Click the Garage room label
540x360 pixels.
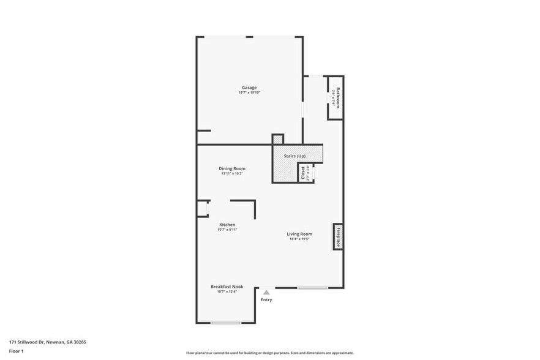click(249, 88)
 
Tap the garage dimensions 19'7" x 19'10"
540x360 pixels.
click(249, 92)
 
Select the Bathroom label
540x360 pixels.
click(337, 97)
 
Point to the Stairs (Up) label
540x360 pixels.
click(294, 156)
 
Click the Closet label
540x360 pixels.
click(302, 173)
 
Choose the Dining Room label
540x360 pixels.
click(232, 168)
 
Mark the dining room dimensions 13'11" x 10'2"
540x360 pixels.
click(232, 173)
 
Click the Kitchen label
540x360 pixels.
click(227, 225)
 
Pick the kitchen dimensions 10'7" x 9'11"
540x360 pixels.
click(227, 230)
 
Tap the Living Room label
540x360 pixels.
click(300, 234)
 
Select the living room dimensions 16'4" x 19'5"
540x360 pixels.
click(300, 239)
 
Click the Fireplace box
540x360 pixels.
click(338, 236)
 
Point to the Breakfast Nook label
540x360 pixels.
click(227, 287)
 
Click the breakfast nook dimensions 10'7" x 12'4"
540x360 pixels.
click(227, 291)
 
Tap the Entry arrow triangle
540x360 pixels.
click(266, 293)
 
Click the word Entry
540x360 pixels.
click(266, 300)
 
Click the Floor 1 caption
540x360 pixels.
click(16, 351)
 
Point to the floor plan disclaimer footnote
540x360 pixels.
click(270, 353)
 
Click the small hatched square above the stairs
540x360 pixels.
click(278, 140)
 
